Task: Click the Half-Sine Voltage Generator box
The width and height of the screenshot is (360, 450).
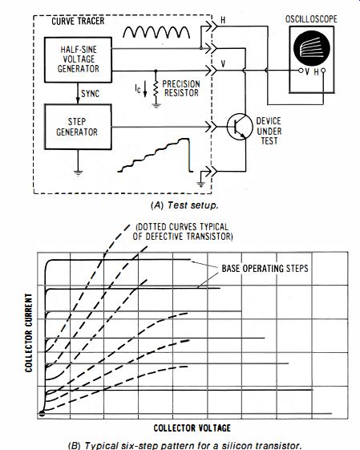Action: [x=78, y=59]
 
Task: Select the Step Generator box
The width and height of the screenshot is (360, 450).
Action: [x=78, y=127]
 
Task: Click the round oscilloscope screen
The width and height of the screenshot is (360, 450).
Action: [x=312, y=48]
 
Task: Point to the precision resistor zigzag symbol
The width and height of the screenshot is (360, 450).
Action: [x=156, y=89]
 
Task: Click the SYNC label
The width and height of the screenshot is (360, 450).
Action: [x=90, y=94]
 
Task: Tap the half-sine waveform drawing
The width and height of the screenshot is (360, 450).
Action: [x=156, y=32]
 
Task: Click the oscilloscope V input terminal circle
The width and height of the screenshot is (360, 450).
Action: [x=301, y=71]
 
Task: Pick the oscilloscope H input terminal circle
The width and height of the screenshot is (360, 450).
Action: [x=323, y=71]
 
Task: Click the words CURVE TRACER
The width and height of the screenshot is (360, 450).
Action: [x=78, y=21]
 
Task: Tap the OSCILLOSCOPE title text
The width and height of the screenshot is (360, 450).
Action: [x=311, y=19]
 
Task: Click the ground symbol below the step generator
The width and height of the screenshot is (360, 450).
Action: [x=78, y=172]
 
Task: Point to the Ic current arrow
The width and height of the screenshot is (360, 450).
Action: [x=145, y=89]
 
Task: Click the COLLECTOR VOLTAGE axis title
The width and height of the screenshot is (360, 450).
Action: [x=192, y=428]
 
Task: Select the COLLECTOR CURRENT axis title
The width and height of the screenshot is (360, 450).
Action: [x=28, y=333]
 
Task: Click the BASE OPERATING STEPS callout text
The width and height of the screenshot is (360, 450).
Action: [x=265, y=269]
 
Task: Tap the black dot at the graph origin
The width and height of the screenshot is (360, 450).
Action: [x=42, y=414]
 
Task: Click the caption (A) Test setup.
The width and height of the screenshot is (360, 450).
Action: [x=184, y=205]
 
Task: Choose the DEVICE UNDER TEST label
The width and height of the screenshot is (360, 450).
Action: [x=269, y=131]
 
